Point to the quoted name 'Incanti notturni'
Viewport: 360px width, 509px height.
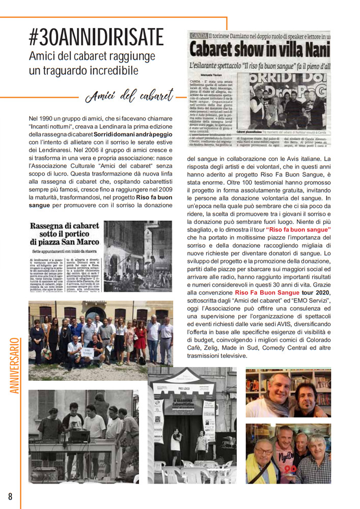coord(54,126)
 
